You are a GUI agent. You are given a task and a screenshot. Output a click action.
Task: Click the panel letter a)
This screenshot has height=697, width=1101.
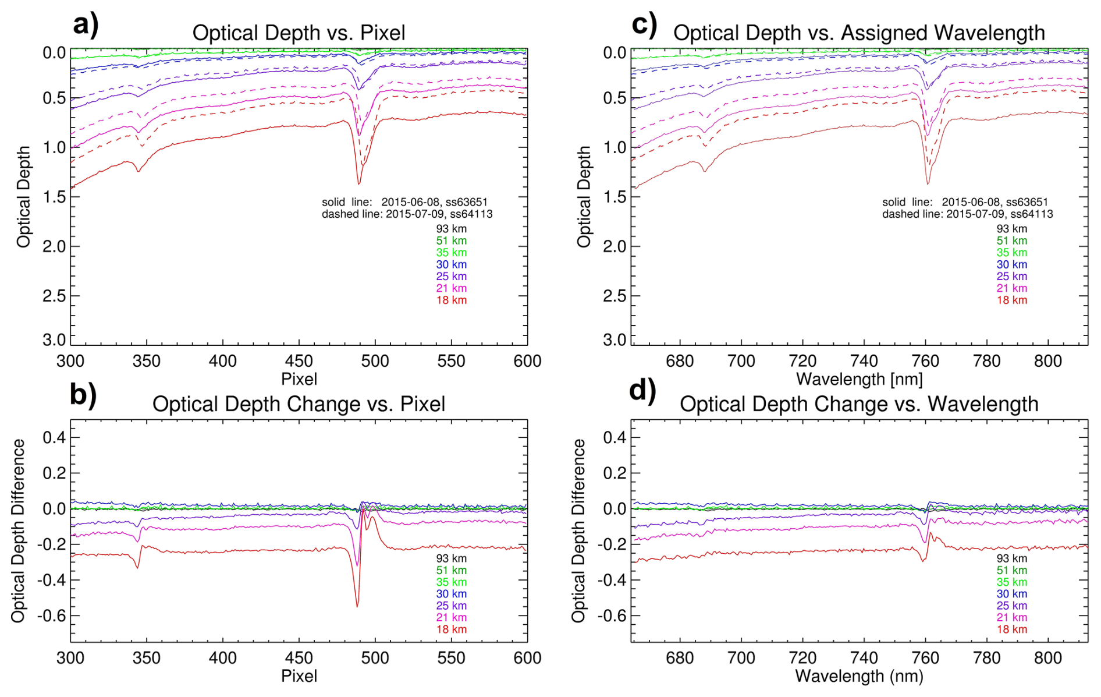86,25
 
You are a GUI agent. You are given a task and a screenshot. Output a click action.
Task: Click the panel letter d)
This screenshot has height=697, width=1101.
642,390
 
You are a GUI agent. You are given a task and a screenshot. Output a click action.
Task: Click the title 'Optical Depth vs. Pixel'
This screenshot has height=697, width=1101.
299,33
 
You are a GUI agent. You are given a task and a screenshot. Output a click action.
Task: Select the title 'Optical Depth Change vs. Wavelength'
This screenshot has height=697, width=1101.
859,404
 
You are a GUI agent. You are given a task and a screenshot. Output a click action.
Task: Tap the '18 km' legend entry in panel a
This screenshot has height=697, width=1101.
451,300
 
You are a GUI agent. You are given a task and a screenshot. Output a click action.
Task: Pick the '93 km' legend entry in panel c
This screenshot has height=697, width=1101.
1011,229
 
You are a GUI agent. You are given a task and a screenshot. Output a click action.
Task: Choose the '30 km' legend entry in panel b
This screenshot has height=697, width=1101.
451,594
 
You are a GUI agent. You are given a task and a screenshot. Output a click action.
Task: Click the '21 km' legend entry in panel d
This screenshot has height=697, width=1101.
1011,617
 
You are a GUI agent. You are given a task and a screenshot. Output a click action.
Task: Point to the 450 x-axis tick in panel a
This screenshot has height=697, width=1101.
299,362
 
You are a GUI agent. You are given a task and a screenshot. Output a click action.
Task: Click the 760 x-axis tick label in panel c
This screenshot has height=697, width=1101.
925,362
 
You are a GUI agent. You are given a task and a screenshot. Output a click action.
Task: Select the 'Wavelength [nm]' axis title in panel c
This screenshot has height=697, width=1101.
859,380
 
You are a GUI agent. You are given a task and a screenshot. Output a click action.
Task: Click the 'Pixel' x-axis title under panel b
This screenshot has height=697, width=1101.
299,676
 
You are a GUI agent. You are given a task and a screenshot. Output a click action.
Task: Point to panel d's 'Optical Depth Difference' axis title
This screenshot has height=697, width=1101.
578,530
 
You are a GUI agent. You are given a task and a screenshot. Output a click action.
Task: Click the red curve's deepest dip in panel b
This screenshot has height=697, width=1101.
357,606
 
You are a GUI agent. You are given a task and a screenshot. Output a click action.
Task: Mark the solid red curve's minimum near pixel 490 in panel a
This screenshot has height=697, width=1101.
358,183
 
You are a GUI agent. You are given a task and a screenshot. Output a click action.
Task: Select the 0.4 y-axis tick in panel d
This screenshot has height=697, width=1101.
615,437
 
